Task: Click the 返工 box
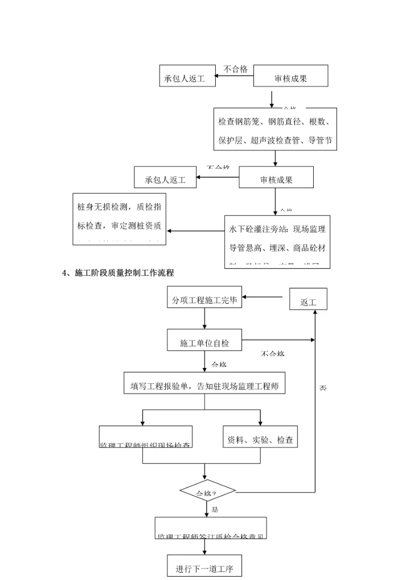[x=308, y=299]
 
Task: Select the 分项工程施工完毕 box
[x=204, y=301]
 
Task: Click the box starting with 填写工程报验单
[x=204, y=385]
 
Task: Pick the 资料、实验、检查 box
[x=260, y=438]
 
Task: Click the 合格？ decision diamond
[x=207, y=492]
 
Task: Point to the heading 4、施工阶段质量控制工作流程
[x=118, y=273]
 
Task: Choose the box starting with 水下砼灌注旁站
[x=277, y=239]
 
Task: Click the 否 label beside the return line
[x=323, y=388]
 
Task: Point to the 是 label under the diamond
[x=215, y=509]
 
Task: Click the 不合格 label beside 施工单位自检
[x=272, y=354]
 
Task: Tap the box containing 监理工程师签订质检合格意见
[x=211, y=528]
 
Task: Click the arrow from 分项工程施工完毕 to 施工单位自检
[x=204, y=320]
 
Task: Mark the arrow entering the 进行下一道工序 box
[x=204, y=546]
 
